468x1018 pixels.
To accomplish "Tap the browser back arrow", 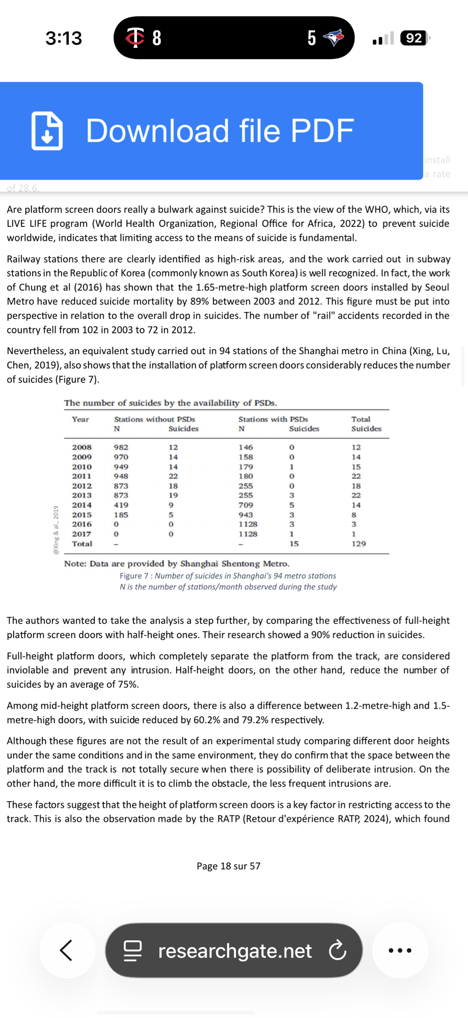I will (67, 950).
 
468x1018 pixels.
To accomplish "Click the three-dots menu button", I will (400, 950).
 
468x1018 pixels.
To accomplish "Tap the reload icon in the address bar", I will (337, 950).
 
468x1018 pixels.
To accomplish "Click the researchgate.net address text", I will (235, 950).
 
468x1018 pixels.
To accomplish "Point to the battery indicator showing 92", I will (415, 38).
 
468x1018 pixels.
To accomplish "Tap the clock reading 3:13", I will (64, 38).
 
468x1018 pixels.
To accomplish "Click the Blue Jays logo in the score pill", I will (334, 37).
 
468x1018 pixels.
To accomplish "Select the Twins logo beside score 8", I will (135, 37).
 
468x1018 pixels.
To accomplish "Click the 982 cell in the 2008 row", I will (121, 447).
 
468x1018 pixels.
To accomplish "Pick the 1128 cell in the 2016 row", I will (248, 524).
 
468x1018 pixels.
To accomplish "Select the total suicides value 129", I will (359, 544).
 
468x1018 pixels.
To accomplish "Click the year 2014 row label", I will (82, 505).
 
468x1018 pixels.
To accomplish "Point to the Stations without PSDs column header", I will (154, 419).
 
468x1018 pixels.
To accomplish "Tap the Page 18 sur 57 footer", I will (229, 866).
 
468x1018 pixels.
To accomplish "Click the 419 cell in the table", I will (121, 505).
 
